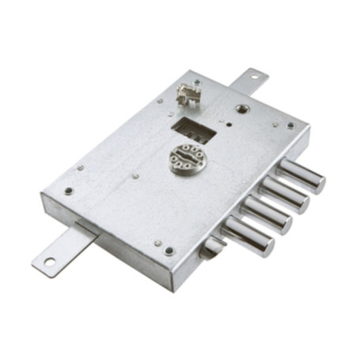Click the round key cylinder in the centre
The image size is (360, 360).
(187, 157)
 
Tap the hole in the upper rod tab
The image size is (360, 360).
(255, 77)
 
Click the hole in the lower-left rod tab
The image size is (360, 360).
(49, 261)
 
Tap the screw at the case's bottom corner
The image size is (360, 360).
(169, 251)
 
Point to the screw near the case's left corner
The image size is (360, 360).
(69, 191)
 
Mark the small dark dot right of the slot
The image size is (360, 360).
(227, 123)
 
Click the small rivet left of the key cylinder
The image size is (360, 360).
(135, 176)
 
